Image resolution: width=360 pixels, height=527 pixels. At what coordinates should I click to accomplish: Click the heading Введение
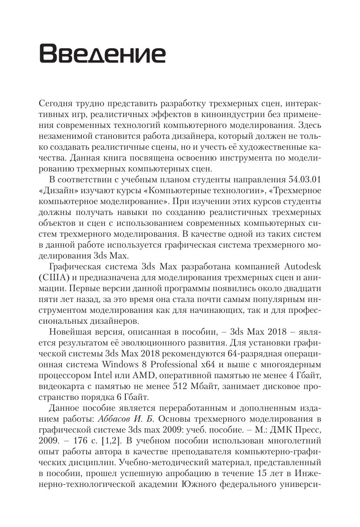[x=102, y=54]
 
